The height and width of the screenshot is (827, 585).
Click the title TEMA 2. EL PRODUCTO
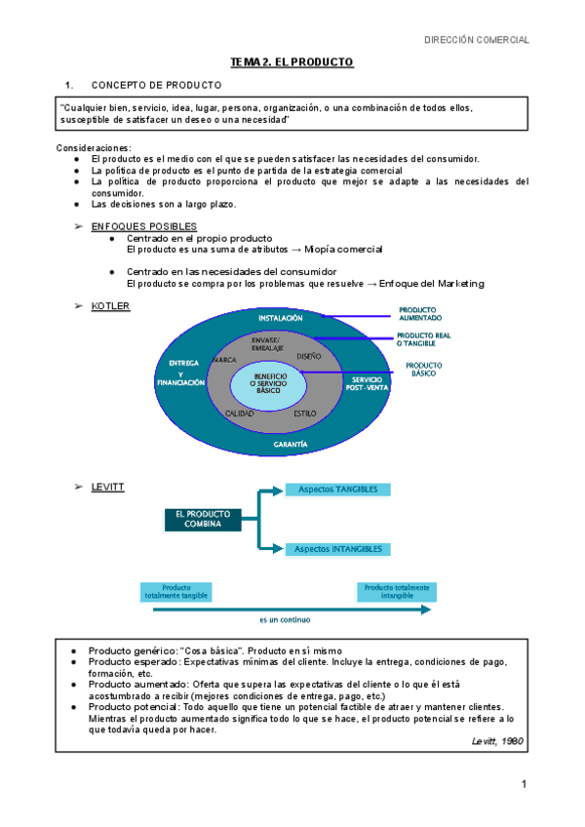pyautogui.click(x=292, y=62)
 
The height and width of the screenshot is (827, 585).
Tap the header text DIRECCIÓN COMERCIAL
pyautogui.click(x=477, y=40)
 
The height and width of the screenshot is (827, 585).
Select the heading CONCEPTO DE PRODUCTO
pyautogui.click(x=156, y=85)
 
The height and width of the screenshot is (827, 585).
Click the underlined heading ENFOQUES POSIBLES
pyautogui.click(x=143, y=226)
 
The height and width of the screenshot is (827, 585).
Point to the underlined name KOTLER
pyautogui.click(x=110, y=306)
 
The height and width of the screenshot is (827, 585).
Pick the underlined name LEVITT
pyautogui.click(x=107, y=486)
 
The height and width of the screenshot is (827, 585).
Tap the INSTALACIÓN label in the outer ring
pyautogui.click(x=281, y=319)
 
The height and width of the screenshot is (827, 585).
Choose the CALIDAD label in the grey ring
pyautogui.click(x=240, y=413)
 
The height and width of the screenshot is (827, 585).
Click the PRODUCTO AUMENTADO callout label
pyautogui.click(x=420, y=314)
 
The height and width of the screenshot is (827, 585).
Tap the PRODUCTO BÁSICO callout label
pyautogui.click(x=424, y=369)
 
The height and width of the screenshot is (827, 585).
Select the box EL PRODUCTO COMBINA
pyautogui.click(x=199, y=519)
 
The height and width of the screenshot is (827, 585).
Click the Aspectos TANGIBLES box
pyautogui.click(x=337, y=489)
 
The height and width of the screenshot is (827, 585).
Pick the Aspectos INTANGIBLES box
pyautogui.click(x=337, y=549)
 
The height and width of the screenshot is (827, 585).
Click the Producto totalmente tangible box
pyautogui.click(x=176, y=591)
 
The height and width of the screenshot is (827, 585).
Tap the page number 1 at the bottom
pyautogui.click(x=524, y=784)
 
